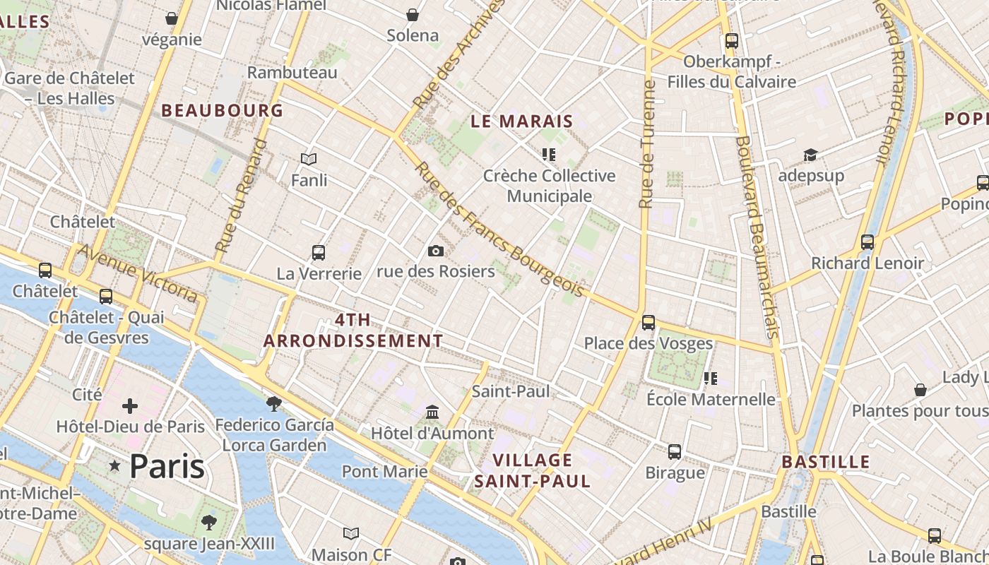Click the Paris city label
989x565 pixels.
[x=167, y=466]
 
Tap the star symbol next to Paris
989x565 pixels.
[x=114, y=465]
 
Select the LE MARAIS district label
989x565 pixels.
[x=521, y=121]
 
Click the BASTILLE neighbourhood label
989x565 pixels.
[x=825, y=463]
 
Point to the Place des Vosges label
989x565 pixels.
[x=648, y=343]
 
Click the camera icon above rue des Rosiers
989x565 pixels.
[x=436, y=251]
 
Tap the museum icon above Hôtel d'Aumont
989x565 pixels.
[x=432, y=412]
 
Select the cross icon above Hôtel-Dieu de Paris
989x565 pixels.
[x=130, y=406]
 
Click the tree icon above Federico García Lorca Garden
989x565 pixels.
[x=274, y=403]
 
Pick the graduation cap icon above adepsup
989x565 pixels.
[x=810, y=155]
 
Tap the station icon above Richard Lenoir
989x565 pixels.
[x=867, y=242]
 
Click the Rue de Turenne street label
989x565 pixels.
[x=646, y=145]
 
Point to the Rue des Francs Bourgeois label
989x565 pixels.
[x=499, y=230]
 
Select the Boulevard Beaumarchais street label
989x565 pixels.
[x=757, y=236]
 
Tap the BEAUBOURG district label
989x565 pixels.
[x=222, y=111]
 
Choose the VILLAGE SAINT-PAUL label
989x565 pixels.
[x=532, y=471]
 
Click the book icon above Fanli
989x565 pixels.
[x=309, y=159]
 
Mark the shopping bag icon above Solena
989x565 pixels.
[x=413, y=15]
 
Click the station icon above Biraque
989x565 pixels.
[x=675, y=451]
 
